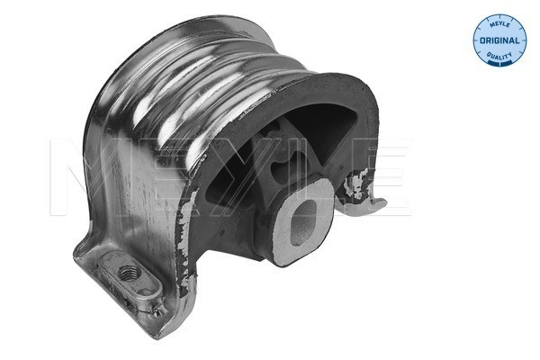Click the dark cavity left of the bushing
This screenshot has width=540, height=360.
point(229,193)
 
